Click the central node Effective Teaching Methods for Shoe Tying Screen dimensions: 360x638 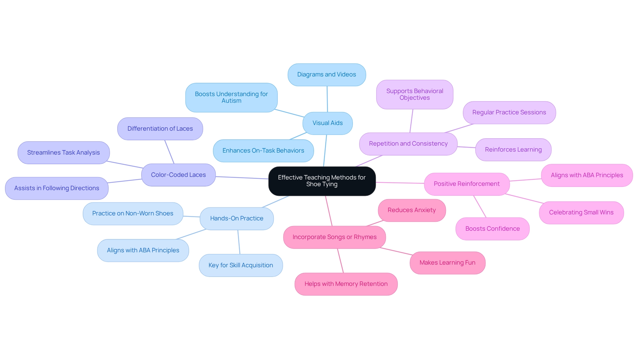322,181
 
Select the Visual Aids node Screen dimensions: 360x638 327,123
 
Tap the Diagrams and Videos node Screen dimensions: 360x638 327,74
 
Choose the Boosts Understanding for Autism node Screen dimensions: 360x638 231,97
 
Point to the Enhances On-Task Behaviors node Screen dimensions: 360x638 263,151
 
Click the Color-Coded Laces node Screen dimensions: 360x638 178,175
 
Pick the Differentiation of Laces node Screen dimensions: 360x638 160,129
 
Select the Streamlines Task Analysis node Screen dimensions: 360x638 63,153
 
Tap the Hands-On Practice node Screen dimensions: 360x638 237,218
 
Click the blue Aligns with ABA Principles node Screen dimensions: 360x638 143,250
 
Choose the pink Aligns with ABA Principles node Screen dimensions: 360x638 587,175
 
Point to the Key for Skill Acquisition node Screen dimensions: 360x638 241,265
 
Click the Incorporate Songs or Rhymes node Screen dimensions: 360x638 334,237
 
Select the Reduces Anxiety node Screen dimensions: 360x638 411,210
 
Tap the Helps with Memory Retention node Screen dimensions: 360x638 346,284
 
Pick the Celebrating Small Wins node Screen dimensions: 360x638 581,212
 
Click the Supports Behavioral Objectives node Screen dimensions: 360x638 414,94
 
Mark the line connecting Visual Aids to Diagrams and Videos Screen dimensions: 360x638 327,99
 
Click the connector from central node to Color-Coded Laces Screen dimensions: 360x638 242,178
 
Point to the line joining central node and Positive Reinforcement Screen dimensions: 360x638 400,183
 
